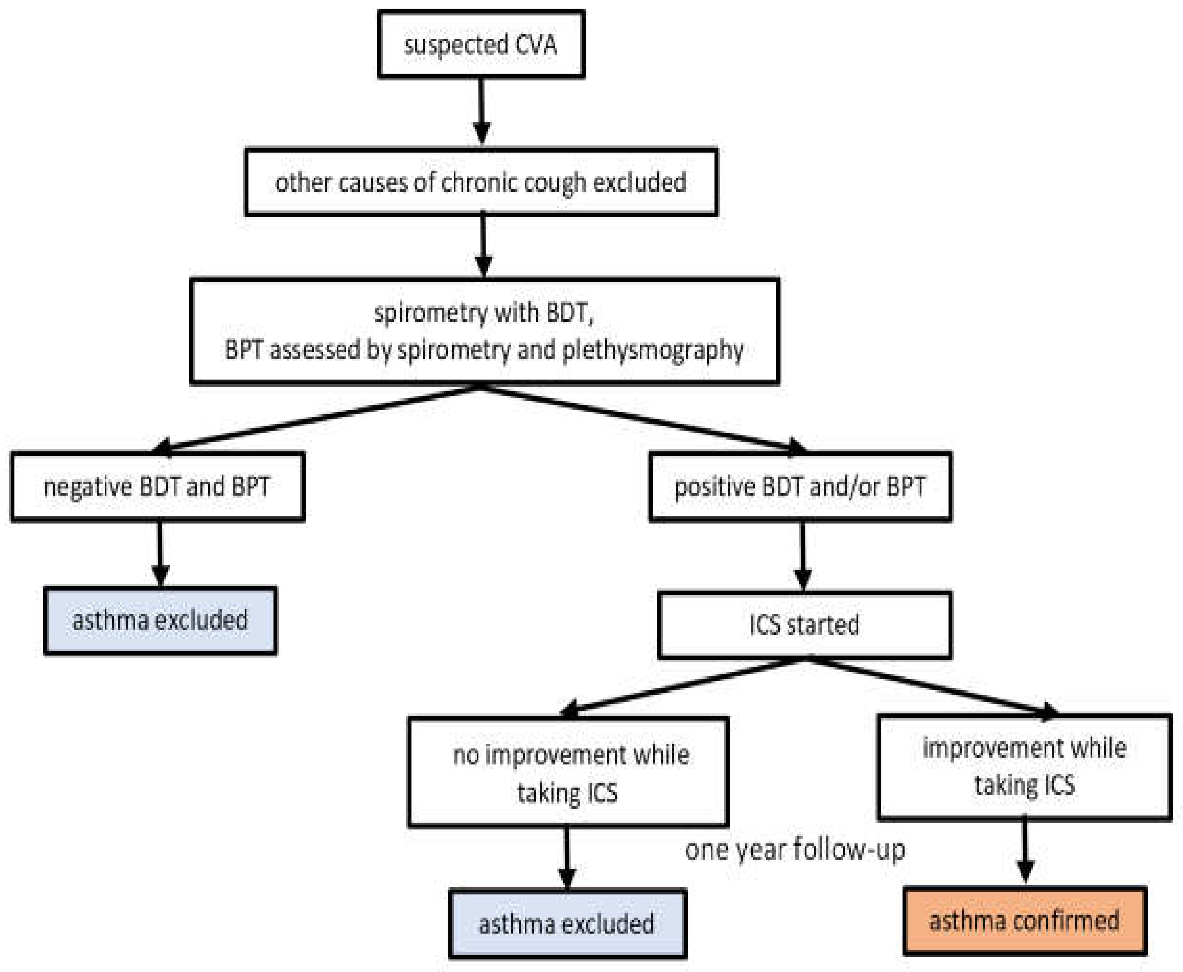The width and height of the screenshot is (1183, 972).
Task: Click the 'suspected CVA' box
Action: pyautogui.click(x=481, y=44)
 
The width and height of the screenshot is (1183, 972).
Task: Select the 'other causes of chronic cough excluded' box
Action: pyautogui.click(x=481, y=182)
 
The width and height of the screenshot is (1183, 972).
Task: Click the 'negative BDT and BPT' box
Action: pyautogui.click(x=158, y=487)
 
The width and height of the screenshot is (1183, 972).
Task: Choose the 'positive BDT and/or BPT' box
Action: pyautogui.click(x=801, y=487)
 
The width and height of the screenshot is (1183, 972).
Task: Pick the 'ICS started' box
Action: pyautogui.click(x=805, y=625)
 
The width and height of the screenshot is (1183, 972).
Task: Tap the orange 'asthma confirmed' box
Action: pyautogui.click(x=1025, y=921)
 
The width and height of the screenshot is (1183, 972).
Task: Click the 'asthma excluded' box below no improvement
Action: pyautogui.click(x=568, y=924)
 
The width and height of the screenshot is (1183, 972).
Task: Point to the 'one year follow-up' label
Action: pyautogui.click(x=795, y=849)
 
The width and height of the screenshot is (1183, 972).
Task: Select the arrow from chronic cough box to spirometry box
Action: pyautogui.click(x=483, y=246)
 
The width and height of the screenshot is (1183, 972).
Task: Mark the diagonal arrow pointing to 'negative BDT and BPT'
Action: pyautogui.click(x=316, y=419)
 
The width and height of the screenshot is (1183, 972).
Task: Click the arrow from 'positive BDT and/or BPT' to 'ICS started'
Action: pyautogui.click(x=803, y=556)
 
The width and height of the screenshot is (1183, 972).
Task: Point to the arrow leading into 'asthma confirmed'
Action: pyautogui.click(x=1025, y=853)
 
